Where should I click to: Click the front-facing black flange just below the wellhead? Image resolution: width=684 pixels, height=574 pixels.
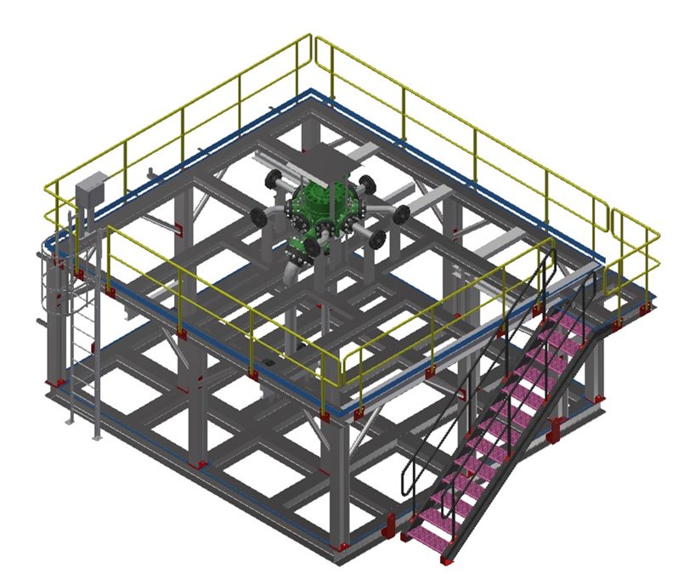click(x=313, y=247)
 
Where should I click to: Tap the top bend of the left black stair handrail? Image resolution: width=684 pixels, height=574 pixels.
click(x=545, y=255)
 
